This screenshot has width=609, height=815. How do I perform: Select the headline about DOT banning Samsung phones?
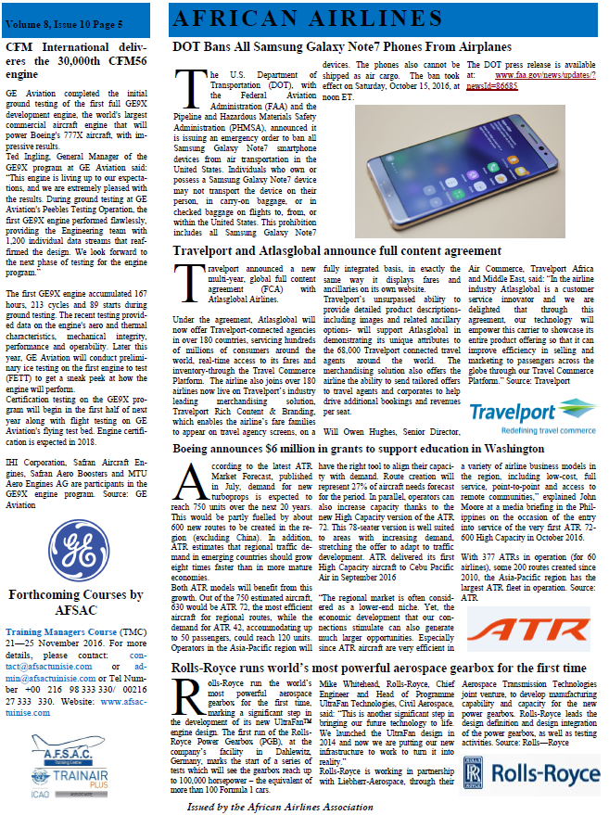[342, 45]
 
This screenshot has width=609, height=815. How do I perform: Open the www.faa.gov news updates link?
[537, 79]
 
